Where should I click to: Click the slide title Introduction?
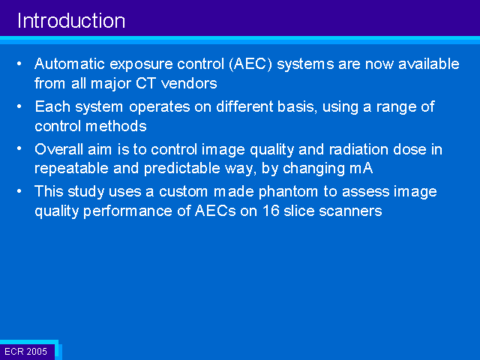click(71, 21)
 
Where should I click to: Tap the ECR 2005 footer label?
click(26, 352)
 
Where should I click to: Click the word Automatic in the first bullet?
click(70, 64)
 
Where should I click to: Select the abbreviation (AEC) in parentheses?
click(250, 64)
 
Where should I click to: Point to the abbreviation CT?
click(145, 83)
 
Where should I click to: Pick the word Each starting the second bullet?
click(52, 106)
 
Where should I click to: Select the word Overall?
click(58, 149)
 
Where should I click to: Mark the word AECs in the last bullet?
click(215, 211)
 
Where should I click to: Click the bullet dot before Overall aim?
click(19, 148)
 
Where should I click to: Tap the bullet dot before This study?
click(19, 191)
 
